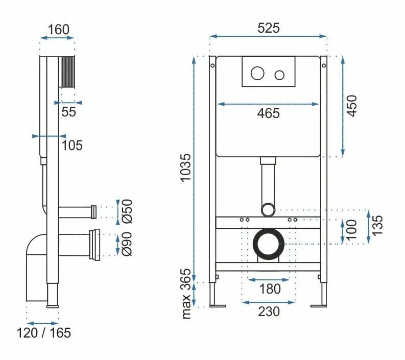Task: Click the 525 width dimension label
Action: point(268,28)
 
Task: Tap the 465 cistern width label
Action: point(268,113)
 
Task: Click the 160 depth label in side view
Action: point(58,29)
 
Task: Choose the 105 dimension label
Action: point(72,146)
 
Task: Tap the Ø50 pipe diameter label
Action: point(128,210)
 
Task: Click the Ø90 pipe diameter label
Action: point(128,244)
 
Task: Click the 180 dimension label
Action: point(269,289)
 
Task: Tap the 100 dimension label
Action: point(351,231)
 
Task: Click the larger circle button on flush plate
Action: point(257,75)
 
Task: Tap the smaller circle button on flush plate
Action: point(279,75)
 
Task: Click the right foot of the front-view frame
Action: point(320,305)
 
